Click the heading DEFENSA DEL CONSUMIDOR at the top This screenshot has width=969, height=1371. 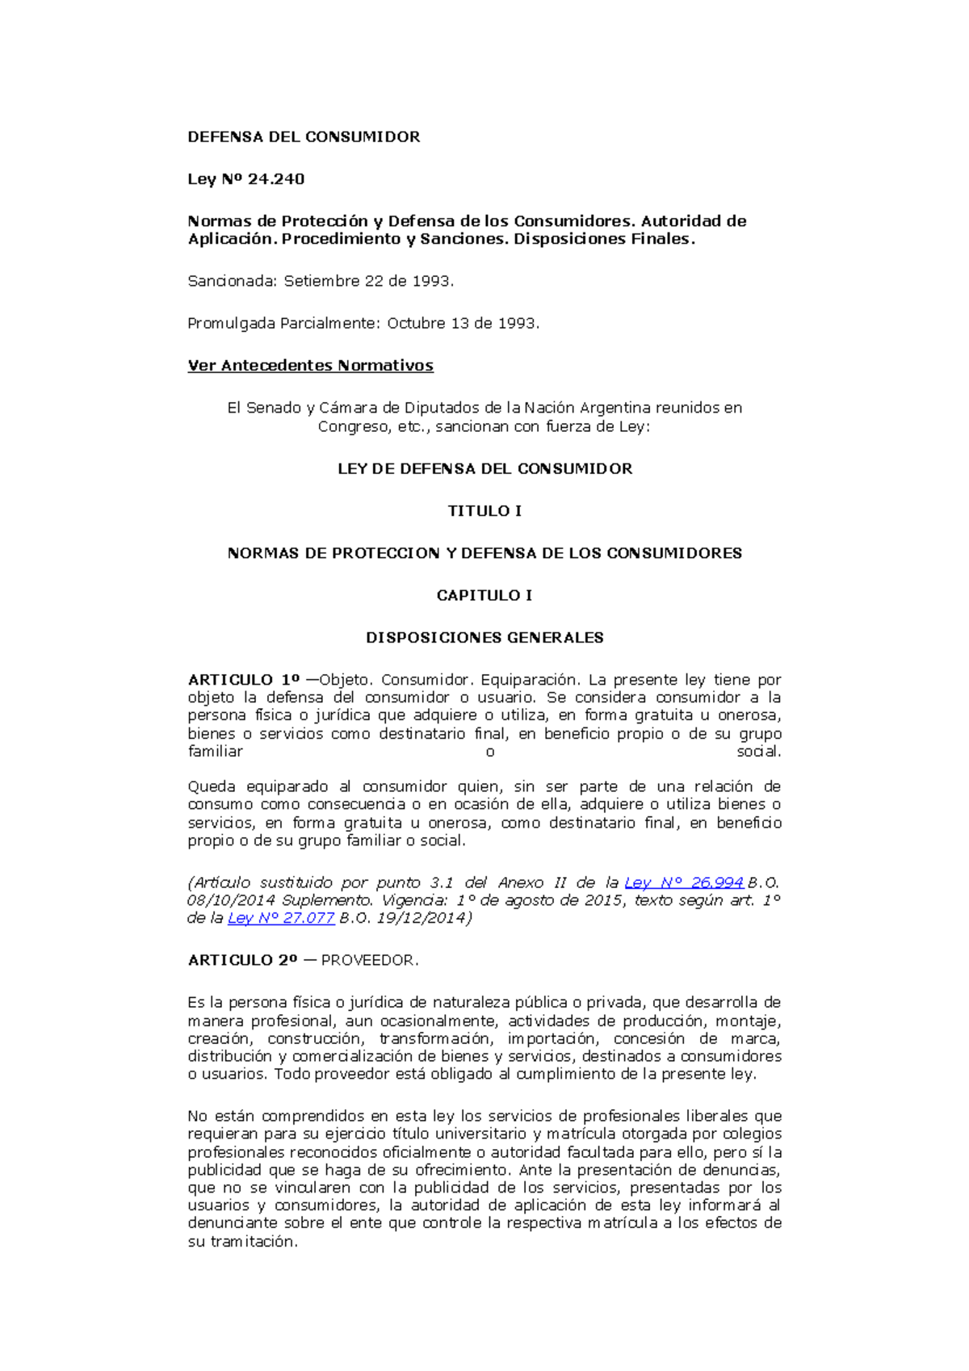tap(304, 137)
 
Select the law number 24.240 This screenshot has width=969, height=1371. tap(276, 179)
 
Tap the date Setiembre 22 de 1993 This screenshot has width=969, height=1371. tap(368, 281)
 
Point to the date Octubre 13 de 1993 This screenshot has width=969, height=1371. tap(462, 323)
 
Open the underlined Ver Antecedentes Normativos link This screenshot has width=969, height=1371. tap(310, 366)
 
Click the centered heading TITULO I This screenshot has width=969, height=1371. tap(484, 511)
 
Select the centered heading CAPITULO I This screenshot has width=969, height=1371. tap(484, 596)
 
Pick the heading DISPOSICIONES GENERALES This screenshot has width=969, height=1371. tap(484, 638)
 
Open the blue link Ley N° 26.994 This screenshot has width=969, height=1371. tap(684, 883)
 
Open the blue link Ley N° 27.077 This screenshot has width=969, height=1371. tap(281, 918)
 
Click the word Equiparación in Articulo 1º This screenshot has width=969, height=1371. tap(530, 680)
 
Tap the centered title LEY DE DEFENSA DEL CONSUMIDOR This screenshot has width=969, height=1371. tap(484, 469)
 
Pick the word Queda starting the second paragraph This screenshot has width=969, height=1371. tap(211, 786)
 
